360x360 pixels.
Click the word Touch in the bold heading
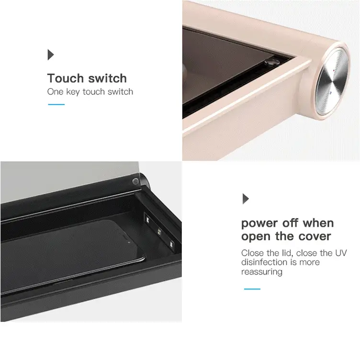[66, 78]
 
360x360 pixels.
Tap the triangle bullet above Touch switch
[51, 55]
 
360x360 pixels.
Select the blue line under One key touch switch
[56, 104]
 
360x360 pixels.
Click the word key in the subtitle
[73, 92]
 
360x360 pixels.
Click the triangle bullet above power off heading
[246, 199]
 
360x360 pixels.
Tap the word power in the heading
[259, 224]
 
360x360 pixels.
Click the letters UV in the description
[341, 253]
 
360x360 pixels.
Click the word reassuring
[262, 272]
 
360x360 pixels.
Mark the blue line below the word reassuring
[252, 289]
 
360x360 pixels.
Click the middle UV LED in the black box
[159, 232]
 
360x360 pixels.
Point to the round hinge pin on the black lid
[135, 181]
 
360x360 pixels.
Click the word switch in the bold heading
[107, 78]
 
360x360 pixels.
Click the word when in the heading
[318, 223]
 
